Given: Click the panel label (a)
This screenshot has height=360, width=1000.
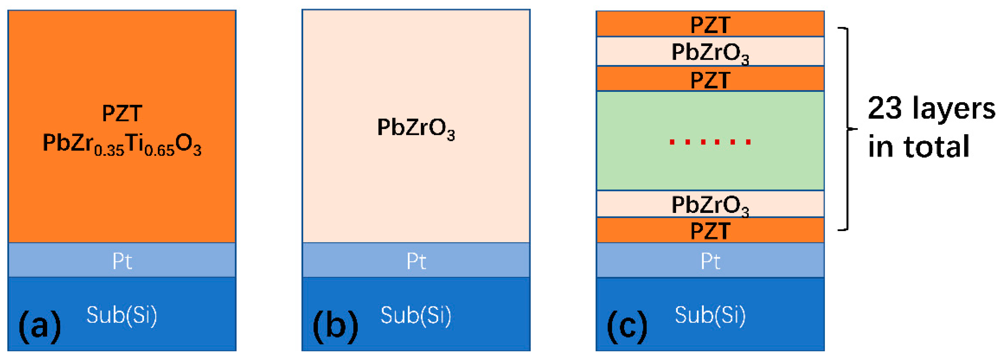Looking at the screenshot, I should [x=40, y=326].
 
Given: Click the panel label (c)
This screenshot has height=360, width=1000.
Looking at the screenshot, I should [x=627, y=326].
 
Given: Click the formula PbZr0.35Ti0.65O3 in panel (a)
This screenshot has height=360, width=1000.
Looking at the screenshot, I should [x=122, y=144].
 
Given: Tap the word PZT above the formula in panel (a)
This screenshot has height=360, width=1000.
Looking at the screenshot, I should [x=122, y=113].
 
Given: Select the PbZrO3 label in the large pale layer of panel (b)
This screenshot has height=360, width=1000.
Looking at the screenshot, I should [x=416, y=128].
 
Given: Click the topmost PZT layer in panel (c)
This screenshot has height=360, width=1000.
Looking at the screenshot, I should [x=710, y=24].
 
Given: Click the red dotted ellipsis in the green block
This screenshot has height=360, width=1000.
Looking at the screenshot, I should [x=710, y=142].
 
